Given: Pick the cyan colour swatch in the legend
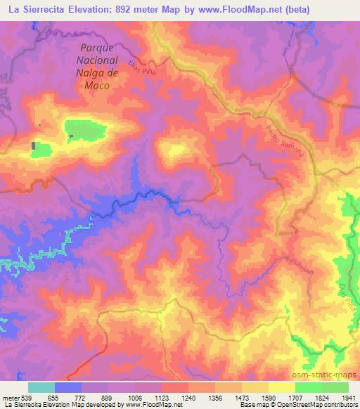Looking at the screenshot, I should pyautogui.click(x=41, y=387).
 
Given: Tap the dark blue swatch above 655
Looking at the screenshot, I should pyautogui.click(x=67, y=387).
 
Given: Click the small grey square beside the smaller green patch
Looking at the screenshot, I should pyautogui.click(x=34, y=145).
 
